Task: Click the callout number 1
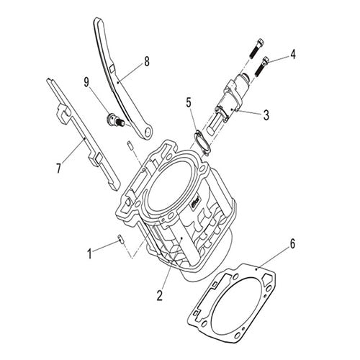pos(89,254)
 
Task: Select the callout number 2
pos(160,295)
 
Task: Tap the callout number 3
pos(266,115)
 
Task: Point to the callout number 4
pos(292,54)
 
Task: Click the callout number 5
pos(189,103)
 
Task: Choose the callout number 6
pos(292,244)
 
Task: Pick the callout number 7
pos(59,168)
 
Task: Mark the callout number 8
pos(147,61)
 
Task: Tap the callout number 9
pos(86,82)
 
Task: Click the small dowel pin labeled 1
pos(121,240)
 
